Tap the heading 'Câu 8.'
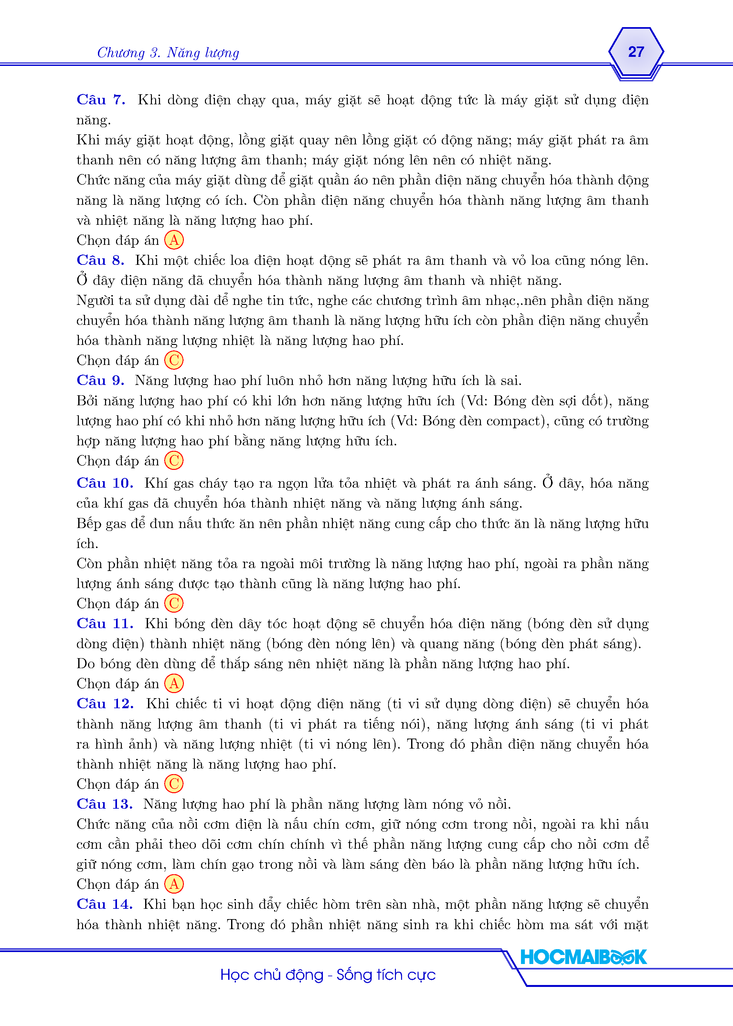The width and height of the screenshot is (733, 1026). click(101, 260)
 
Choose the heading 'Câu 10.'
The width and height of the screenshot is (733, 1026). click(105, 483)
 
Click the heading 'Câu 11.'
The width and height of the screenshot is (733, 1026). click(105, 624)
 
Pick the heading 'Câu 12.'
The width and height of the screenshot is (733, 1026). click(105, 704)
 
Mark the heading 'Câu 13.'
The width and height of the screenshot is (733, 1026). click(105, 804)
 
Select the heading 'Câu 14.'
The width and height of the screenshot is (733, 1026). click(105, 904)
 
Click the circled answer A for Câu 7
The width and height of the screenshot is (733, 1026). click(174, 240)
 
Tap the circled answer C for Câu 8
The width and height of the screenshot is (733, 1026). click(174, 360)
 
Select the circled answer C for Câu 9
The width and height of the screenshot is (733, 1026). click(174, 461)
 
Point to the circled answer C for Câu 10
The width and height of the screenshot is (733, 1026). click(174, 603)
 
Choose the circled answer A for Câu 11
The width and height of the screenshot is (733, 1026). click(174, 684)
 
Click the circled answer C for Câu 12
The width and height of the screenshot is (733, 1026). click(174, 784)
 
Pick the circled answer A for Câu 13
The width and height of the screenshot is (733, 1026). click(174, 885)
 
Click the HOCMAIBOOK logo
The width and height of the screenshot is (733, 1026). click(583, 957)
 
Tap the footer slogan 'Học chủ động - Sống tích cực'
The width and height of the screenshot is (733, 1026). click(328, 975)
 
